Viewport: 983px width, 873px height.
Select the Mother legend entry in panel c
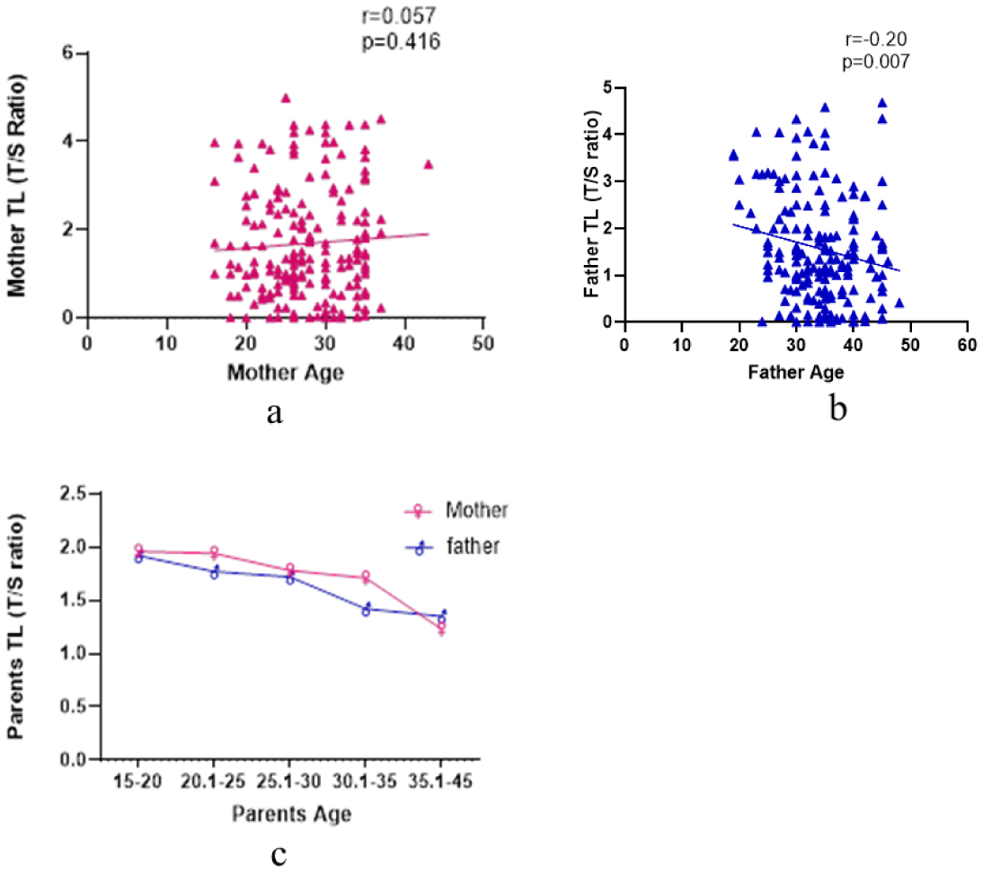pos(476,511)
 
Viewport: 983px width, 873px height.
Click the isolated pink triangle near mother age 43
pos(429,164)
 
